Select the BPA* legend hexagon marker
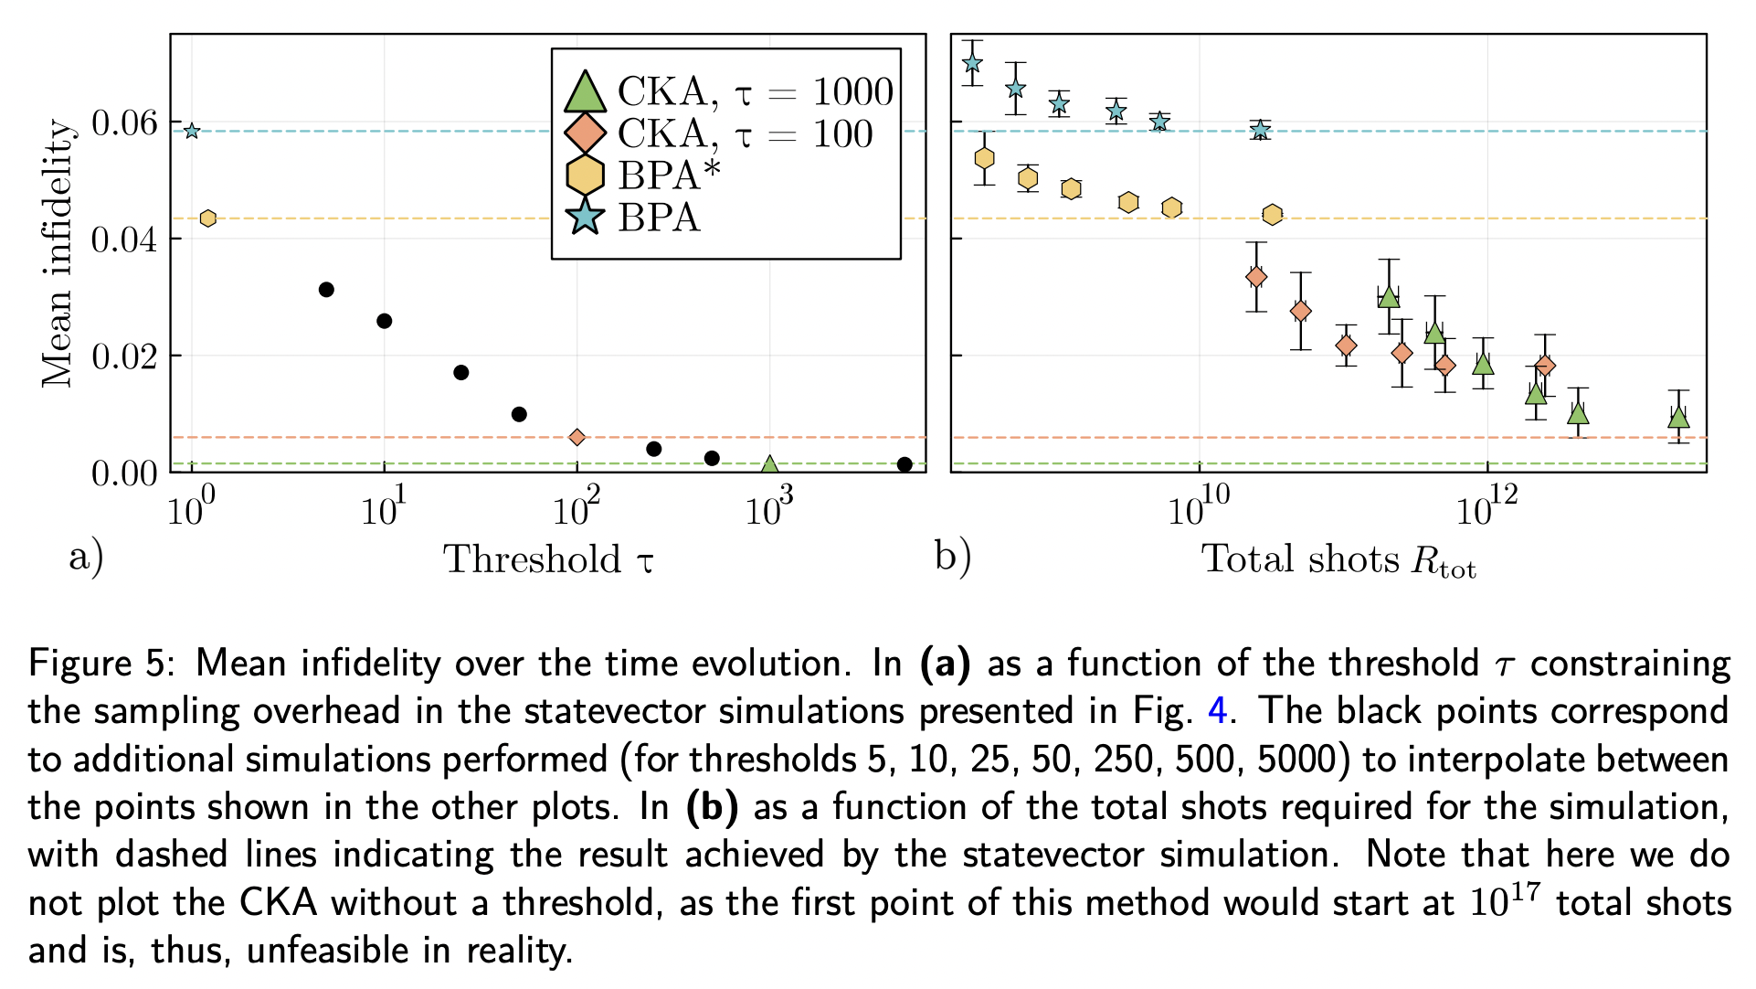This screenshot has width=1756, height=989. click(x=585, y=175)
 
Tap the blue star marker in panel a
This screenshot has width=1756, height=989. click(x=191, y=131)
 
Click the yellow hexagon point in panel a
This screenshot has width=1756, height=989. click(x=208, y=218)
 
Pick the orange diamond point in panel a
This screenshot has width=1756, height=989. click(x=577, y=437)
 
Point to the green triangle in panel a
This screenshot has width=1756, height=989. click(x=769, y=465)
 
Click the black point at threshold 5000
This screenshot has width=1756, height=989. click(x=904, y=464)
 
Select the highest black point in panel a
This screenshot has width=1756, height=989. click(x=326, y=290)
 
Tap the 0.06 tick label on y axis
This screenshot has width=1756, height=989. click(x=124, y=122)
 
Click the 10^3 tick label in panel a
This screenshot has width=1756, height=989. click(x=768, y=507)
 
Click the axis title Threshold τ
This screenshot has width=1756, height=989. click(x=548, y=559)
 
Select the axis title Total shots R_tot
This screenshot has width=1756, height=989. click(x=1338, y=559)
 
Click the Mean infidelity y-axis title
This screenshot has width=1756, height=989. click(x=57, y=253)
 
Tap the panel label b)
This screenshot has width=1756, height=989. click(x=952, y=555)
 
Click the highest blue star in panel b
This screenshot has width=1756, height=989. click(x=972, y=63)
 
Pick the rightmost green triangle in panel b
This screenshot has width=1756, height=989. click(x=1678, y=418)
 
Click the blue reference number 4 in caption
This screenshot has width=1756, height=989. click(x=1217, y=710)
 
